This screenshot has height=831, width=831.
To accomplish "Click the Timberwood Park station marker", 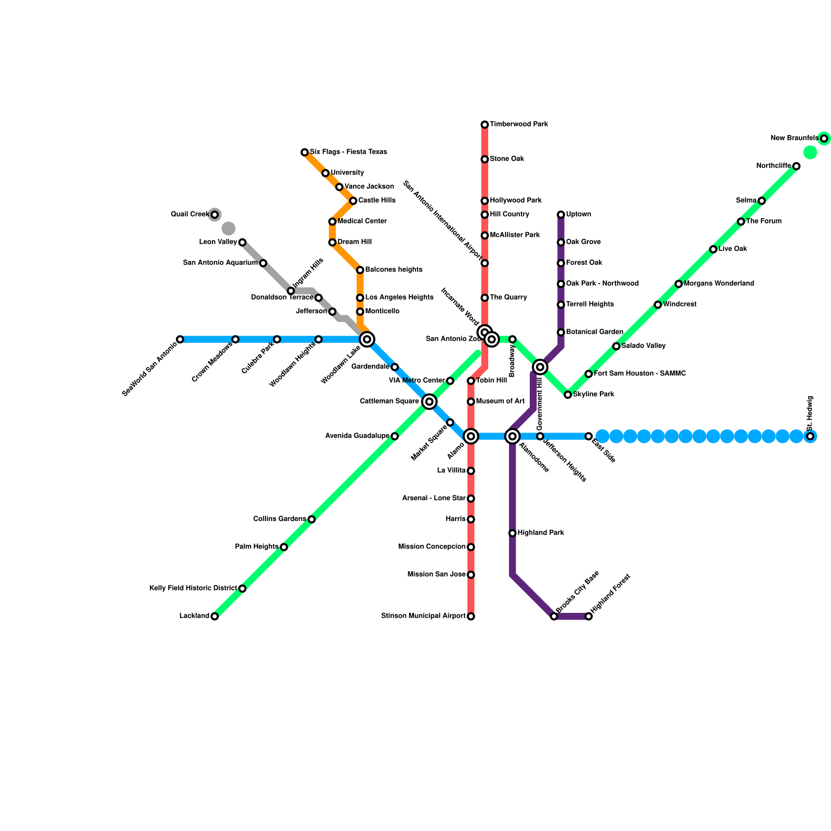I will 485,125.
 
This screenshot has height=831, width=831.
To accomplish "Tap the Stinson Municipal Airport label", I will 423,616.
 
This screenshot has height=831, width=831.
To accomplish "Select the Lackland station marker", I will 215,616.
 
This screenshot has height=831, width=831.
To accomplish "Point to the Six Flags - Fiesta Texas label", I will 349,152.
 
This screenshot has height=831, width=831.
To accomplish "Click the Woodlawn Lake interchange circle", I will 367,340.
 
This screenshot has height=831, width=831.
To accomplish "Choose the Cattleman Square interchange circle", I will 429,401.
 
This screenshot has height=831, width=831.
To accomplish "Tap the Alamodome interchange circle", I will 513,436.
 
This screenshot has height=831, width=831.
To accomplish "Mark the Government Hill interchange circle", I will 540,367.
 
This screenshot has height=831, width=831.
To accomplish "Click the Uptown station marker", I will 561,215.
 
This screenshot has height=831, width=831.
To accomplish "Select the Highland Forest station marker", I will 588,616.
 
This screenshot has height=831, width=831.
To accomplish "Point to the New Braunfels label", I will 794,138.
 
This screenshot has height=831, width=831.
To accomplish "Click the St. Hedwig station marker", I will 810,436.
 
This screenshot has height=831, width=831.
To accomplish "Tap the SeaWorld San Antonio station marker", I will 180,340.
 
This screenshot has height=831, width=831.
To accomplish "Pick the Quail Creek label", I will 190,215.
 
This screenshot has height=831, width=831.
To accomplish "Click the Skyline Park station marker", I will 568,395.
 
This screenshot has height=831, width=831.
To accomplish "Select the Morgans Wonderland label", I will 719,284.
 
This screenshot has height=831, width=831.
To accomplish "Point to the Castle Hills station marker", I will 353,201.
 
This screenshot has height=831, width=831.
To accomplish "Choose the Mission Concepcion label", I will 432,547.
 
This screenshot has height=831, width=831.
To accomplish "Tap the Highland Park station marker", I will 513,533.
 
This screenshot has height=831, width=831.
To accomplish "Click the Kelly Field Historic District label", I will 193,588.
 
